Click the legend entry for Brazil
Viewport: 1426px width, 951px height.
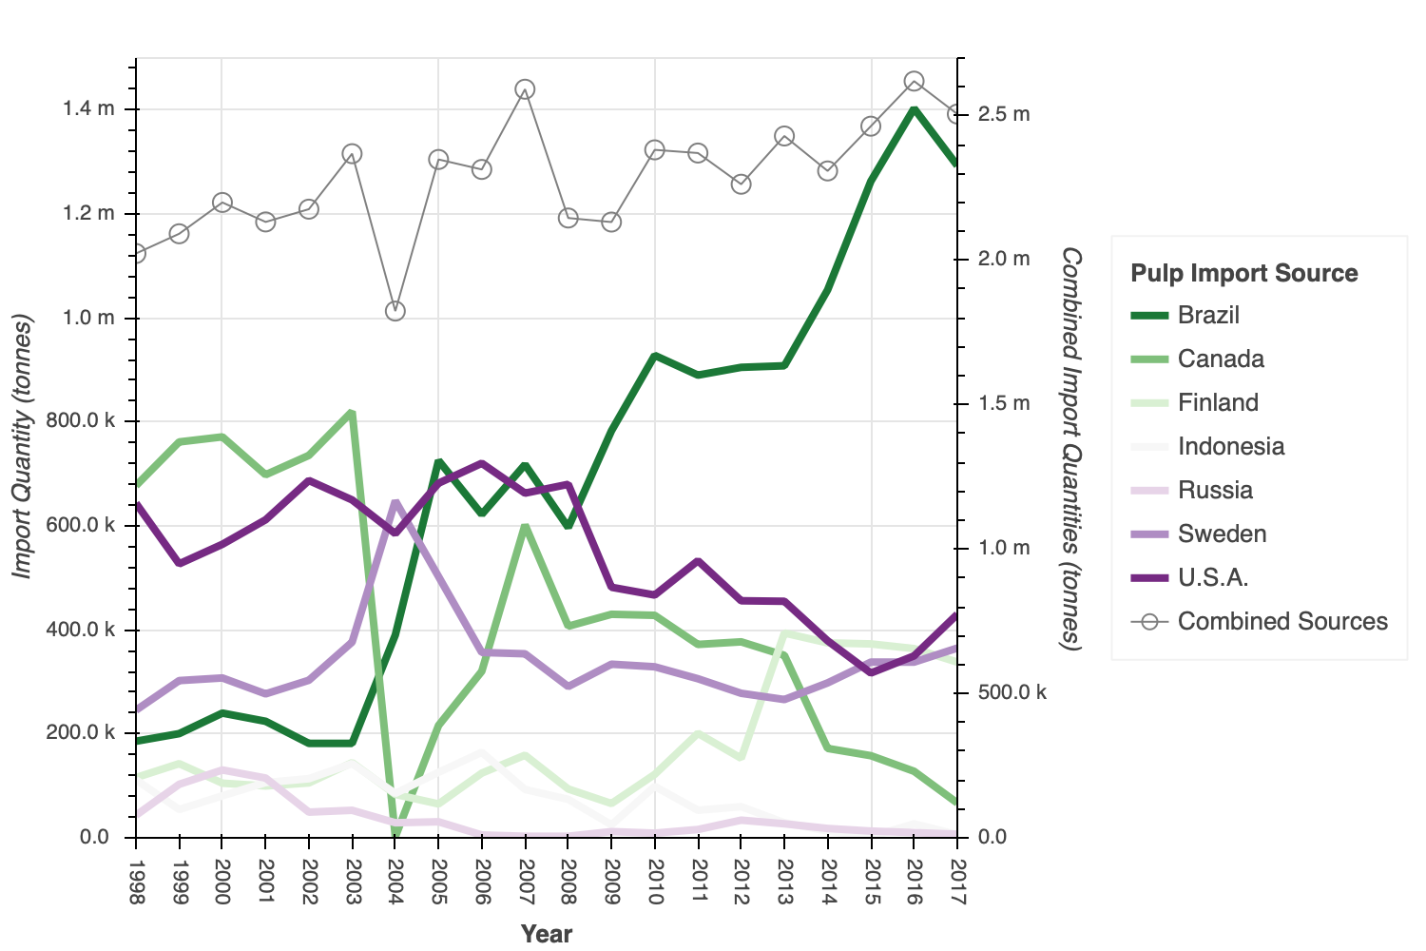(1207, 315)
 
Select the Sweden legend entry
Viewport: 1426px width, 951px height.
(1222, 534)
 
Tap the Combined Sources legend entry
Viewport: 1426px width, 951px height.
(1282, 621)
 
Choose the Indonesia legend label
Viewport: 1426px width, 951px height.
(1230, 446)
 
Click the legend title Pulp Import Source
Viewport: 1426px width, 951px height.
(1243, 273)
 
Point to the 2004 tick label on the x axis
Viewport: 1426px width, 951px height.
(395, 883)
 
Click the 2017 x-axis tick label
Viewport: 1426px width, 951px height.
(957, 883)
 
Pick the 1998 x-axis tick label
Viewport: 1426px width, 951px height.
(136, 883)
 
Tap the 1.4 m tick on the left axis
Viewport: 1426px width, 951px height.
(88, 109)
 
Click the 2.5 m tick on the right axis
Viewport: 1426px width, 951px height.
(1004, 114)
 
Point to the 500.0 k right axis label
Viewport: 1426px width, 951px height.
(1012, 692)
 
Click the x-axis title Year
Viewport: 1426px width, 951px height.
(547, 933)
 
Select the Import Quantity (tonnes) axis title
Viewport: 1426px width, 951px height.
(23, 445)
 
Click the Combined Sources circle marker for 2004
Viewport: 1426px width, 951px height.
(395, 311)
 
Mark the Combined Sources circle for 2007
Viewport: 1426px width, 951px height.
(525, 89)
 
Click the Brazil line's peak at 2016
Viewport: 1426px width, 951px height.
(914, 108)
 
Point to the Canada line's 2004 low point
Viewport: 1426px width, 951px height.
(395, 835)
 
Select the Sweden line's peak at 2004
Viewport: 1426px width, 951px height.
(395, 501)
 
